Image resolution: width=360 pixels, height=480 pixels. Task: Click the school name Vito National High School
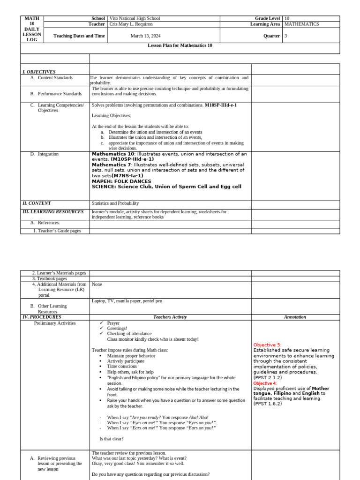135,18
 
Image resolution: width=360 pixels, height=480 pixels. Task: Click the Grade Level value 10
287,18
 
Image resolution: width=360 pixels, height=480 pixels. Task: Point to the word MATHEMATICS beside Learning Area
301,24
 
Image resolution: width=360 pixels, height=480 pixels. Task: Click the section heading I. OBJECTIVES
39,72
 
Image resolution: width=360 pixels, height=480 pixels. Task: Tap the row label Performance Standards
60,94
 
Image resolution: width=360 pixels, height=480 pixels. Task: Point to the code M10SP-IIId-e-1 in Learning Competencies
220,105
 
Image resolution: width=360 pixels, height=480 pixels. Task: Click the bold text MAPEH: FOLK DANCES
121,181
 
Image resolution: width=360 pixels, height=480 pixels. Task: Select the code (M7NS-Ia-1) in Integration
127,176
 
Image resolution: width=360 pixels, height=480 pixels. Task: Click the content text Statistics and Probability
115,203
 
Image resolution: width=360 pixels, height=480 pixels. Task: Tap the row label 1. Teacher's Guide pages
57,231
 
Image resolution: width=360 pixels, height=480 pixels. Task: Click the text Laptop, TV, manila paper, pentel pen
127,300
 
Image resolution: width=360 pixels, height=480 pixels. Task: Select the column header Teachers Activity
170,317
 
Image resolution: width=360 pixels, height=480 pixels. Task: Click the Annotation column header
295,317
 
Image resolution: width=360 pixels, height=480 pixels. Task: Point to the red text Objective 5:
268,345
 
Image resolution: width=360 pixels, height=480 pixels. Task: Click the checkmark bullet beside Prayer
101,323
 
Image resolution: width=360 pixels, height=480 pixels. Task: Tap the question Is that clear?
112,439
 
